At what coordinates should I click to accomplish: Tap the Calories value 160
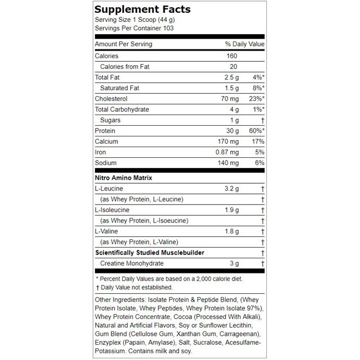coord(232,56)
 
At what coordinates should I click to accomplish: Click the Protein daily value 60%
coord(256,131)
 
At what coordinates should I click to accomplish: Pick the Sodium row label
coord(106,163)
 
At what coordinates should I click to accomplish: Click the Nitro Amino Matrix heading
coord(124,178)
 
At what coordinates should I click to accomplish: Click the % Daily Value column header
coord(245,44)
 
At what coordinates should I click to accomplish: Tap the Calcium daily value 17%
coord(257,142)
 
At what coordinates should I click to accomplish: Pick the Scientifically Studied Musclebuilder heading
coord(149,253)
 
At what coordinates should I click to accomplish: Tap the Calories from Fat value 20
coord(233,67)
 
